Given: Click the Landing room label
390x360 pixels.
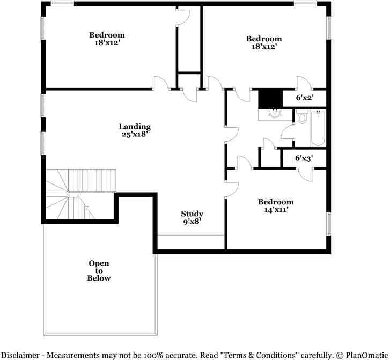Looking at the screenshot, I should click(x=135, y=127).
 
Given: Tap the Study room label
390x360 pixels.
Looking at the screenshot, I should click(x=192, y=214).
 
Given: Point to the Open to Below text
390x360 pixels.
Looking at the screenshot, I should click(x=99, y=270).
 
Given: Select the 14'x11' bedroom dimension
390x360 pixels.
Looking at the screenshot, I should click(x=276, y=210).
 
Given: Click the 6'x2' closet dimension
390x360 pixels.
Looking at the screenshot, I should click(x=305, y=98).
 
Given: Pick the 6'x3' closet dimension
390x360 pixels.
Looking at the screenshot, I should click(x=304, y=159).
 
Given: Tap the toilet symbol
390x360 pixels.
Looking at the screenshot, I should click(x=301, y=117).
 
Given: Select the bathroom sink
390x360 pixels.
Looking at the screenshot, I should click(x=275, y=113).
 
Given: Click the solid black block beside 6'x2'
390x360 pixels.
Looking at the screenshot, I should click(x=270, y=98).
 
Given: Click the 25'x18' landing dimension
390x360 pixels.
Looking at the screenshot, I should click(x=135, y=135).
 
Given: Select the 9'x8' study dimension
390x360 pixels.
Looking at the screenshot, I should click(x=192, y=221).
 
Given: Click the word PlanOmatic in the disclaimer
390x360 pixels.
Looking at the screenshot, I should click(x=365, y=354).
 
